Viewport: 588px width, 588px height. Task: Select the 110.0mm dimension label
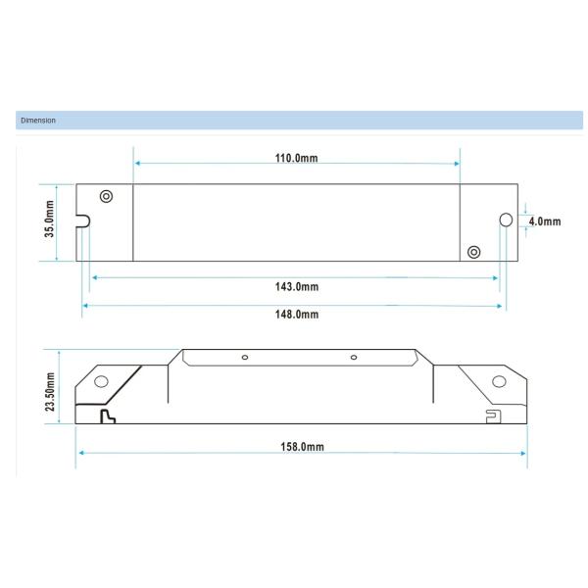click(296, 158)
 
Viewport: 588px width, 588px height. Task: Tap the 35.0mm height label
click(48, 222)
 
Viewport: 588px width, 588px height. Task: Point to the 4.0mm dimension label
click(545, 221)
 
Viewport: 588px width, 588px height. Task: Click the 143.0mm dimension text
click(296, 286)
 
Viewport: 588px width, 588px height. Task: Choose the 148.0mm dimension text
click(296, 314)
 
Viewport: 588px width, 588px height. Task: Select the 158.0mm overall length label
click(302, 447)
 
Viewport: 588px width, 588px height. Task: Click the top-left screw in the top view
click(106, 197)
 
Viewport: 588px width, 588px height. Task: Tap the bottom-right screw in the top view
click(473, 252)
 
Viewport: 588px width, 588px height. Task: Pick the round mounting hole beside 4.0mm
click(507, 220)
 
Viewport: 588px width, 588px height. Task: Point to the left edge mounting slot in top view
click(83, 221)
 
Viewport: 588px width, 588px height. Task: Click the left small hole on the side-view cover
click(245, 358)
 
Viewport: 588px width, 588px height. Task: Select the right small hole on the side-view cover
click(354, 358)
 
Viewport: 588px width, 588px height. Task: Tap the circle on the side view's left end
click(100, 381)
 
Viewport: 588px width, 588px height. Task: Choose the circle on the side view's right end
click(498, 380)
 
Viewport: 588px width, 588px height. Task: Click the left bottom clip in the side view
click(108, 416)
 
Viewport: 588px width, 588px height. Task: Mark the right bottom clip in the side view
click(493, 416)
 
